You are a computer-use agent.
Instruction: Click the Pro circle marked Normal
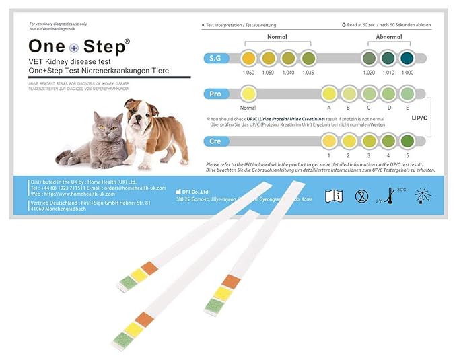point(248,94)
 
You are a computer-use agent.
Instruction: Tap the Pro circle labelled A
point(328,94)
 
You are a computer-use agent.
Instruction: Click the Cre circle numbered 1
point(328,141)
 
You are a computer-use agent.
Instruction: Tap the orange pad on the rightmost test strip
point(231,281)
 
